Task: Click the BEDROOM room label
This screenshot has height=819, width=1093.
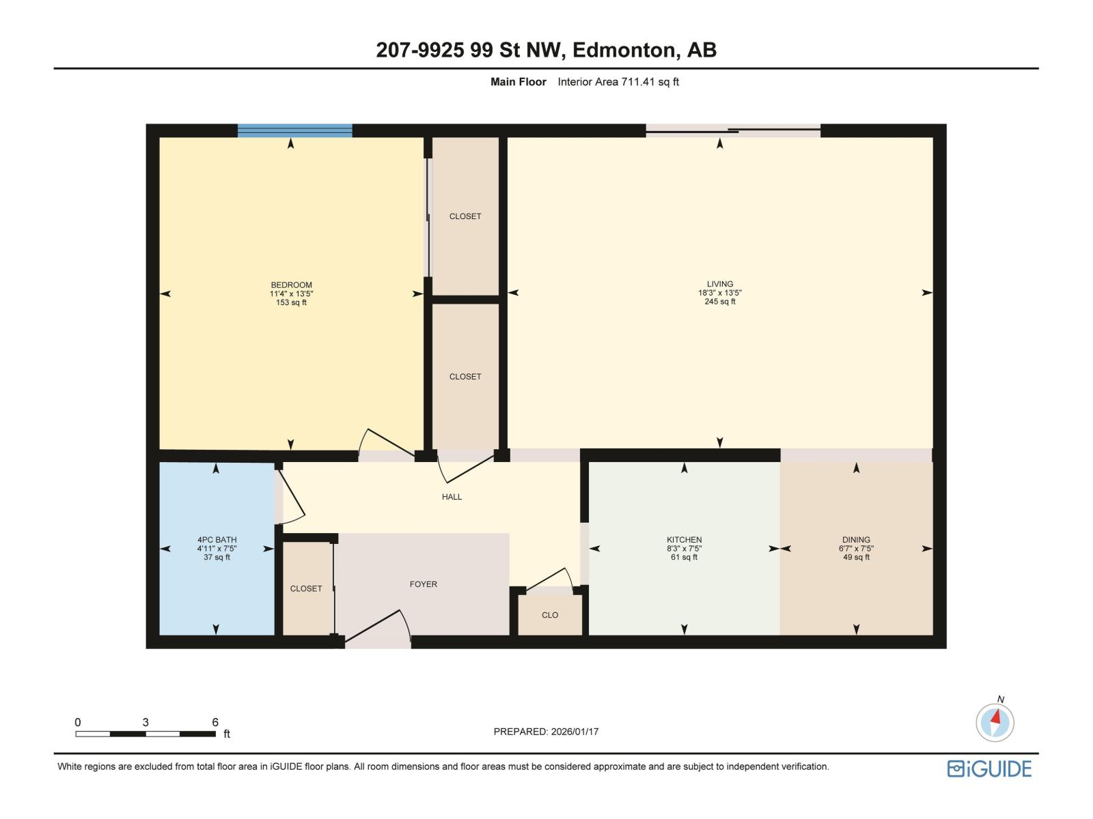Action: click(291, 285)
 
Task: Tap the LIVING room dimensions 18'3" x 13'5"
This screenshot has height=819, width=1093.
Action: click(719, 293)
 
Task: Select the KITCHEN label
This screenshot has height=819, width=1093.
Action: click(684, 540)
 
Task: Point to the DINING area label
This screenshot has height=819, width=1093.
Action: click(856, 540)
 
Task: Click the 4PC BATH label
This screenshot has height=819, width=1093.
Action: click(217, 540)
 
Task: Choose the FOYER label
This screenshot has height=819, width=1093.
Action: click(423, 584)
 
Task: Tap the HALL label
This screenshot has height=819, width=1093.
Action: click(452, 497)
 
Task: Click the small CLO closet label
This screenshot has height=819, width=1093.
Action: click(550, 615)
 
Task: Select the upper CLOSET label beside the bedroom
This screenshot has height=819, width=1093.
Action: click(465, 216)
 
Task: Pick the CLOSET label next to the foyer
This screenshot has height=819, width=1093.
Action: click(305, 588)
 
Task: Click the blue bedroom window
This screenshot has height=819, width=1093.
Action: click(294, 130)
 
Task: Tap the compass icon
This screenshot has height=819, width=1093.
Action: click(995, 722)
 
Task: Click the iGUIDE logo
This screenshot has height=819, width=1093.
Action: click(989, 768)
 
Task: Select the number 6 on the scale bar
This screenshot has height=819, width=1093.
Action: click(215, 722)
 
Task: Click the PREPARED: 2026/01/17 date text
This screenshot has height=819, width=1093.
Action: click(546, 732)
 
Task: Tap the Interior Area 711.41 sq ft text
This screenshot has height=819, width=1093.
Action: click(618, 82)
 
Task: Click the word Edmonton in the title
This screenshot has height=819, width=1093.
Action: click(623, 50)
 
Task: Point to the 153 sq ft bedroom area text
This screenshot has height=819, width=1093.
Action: click(291, 302)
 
